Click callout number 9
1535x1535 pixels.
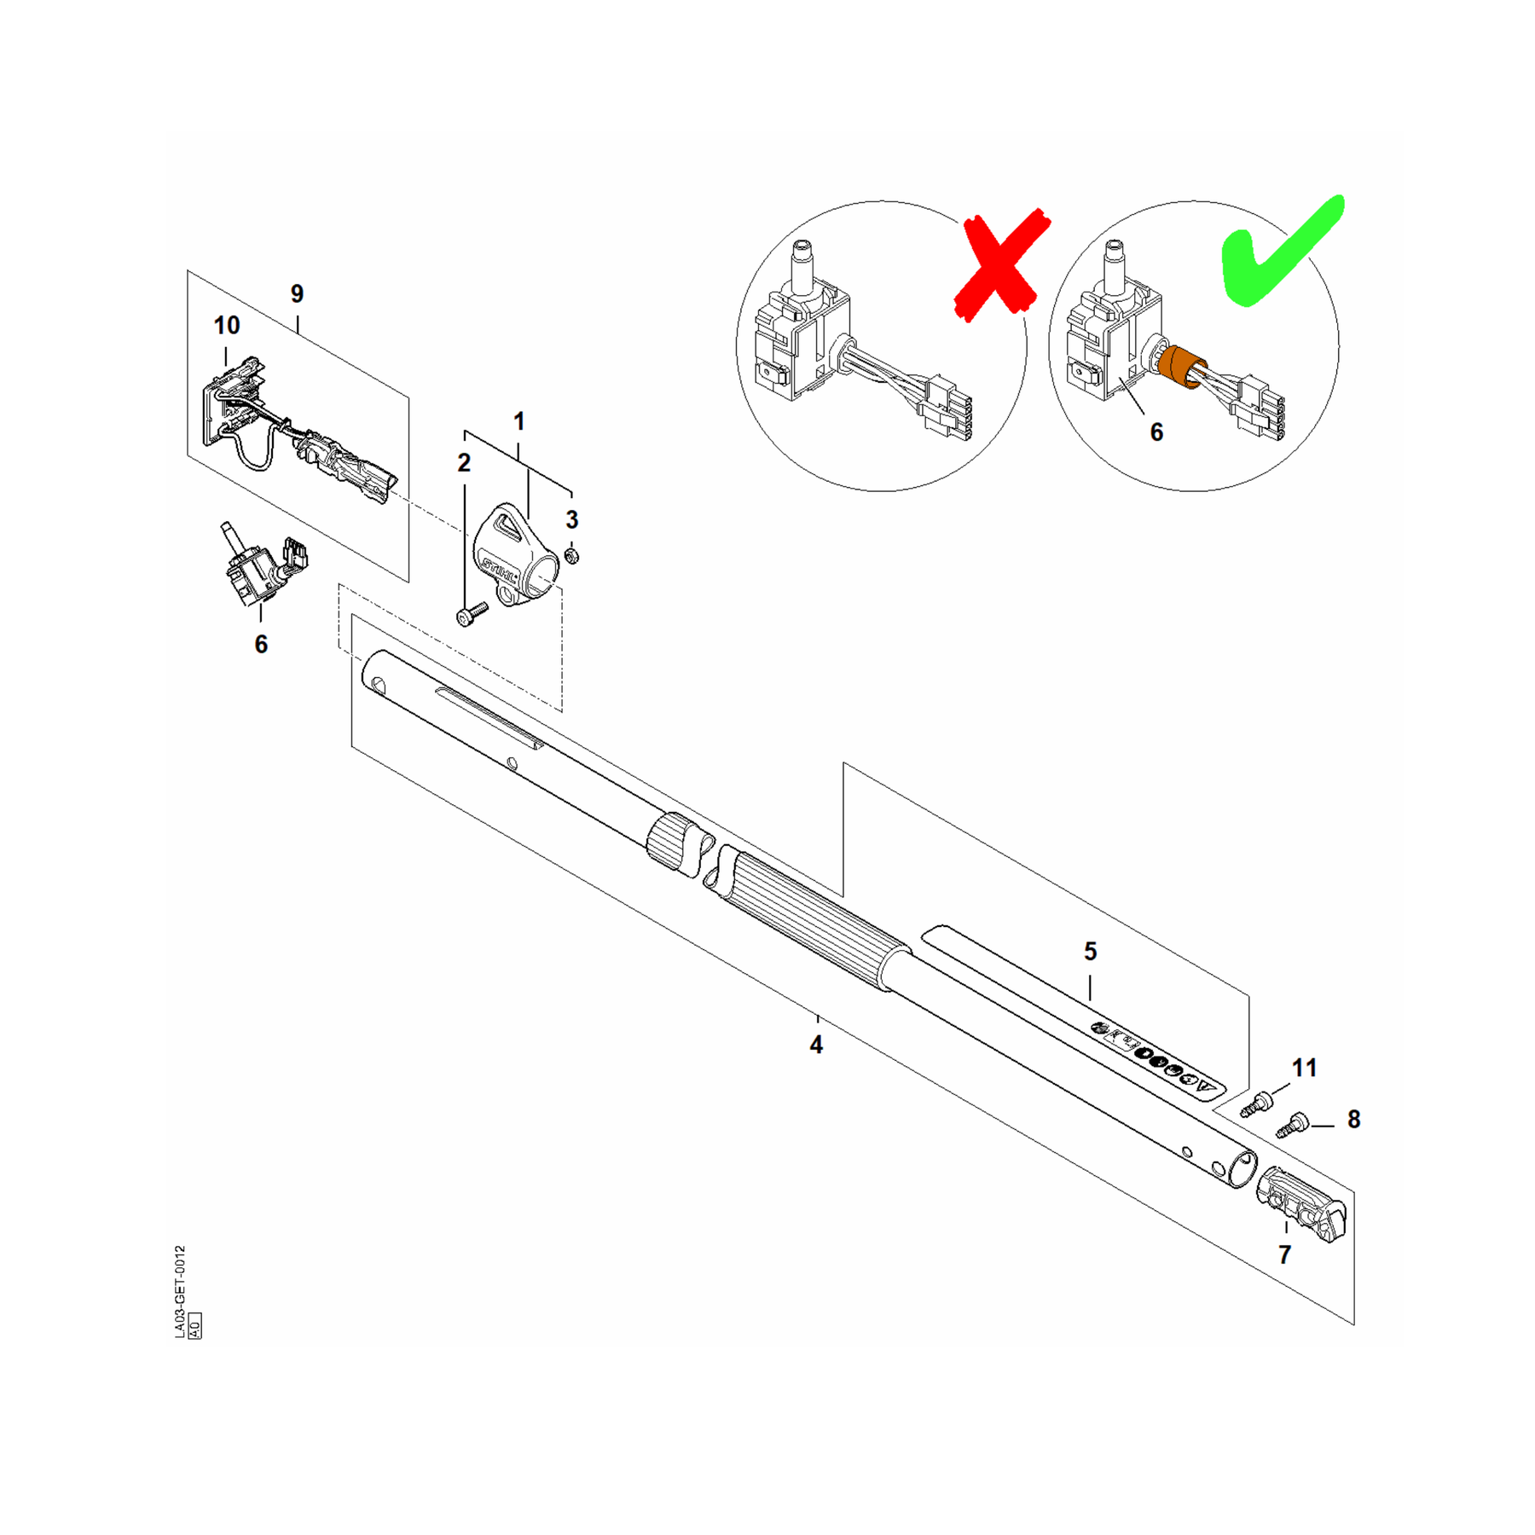[297, 293]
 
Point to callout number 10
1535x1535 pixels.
[227, 325]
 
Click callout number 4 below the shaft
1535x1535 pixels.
[816, 1045]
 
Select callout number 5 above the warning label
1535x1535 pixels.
[1090, 951]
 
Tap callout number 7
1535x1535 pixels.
[1284, 1254]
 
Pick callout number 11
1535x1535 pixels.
[1305, 1068]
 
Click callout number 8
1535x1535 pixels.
[1353, 1120]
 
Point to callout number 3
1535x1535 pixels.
[572, 519]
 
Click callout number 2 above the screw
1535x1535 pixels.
[464, 463]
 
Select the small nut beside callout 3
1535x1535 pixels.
[573, 556]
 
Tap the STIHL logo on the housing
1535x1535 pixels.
[499, 569]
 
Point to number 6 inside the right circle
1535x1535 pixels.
[1156, 432]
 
